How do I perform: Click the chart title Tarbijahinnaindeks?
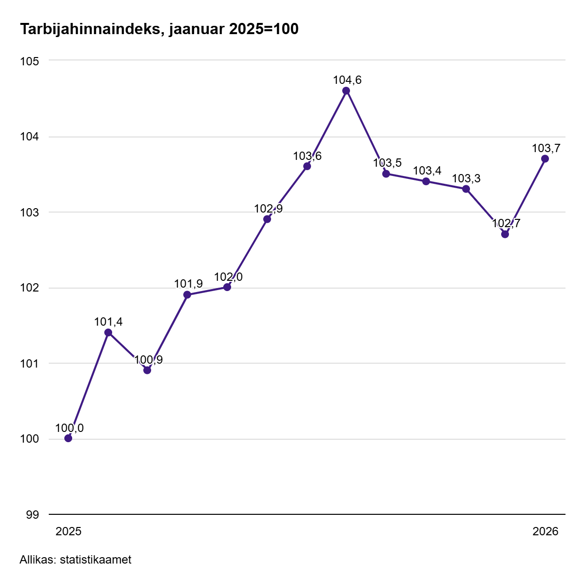(159, 30)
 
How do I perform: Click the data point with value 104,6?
(346, 91)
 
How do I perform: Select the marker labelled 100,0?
(68, 438)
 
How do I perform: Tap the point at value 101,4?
(108, 332)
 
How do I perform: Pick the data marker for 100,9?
(147, 370)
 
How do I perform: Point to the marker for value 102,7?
(505, 234)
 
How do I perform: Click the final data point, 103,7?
(545, 159)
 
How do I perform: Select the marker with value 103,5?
(386, 174)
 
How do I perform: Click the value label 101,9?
(188, 284)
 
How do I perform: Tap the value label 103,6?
(307, 156)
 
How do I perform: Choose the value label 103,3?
(466, 178)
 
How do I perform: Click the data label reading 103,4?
(427, 171)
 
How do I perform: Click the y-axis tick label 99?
(32, 514)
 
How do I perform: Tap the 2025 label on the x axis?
(68, 531)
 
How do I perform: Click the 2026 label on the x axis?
(545, 531)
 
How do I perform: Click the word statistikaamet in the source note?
(96, 560)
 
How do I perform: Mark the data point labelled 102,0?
(227, 287)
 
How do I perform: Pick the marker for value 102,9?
(267, 219)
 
